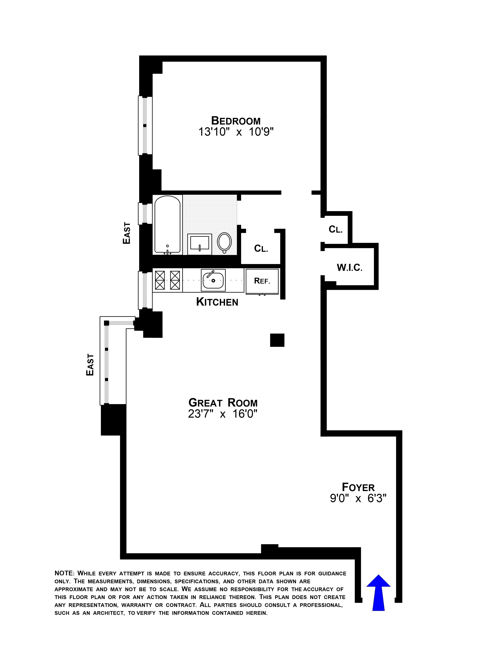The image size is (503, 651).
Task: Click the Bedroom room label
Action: point(236,121)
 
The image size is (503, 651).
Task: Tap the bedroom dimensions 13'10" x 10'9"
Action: point(236,132)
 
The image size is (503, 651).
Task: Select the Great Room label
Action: point(223,403)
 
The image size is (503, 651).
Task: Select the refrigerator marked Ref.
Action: point(262,281)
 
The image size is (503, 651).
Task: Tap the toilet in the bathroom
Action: point(224,242)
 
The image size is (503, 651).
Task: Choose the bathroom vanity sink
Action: point(199,244)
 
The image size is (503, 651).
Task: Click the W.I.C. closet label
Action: point(350,267)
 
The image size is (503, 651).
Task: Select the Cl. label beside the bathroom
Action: point(261,248)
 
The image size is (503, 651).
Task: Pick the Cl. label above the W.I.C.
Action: point(336,229)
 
